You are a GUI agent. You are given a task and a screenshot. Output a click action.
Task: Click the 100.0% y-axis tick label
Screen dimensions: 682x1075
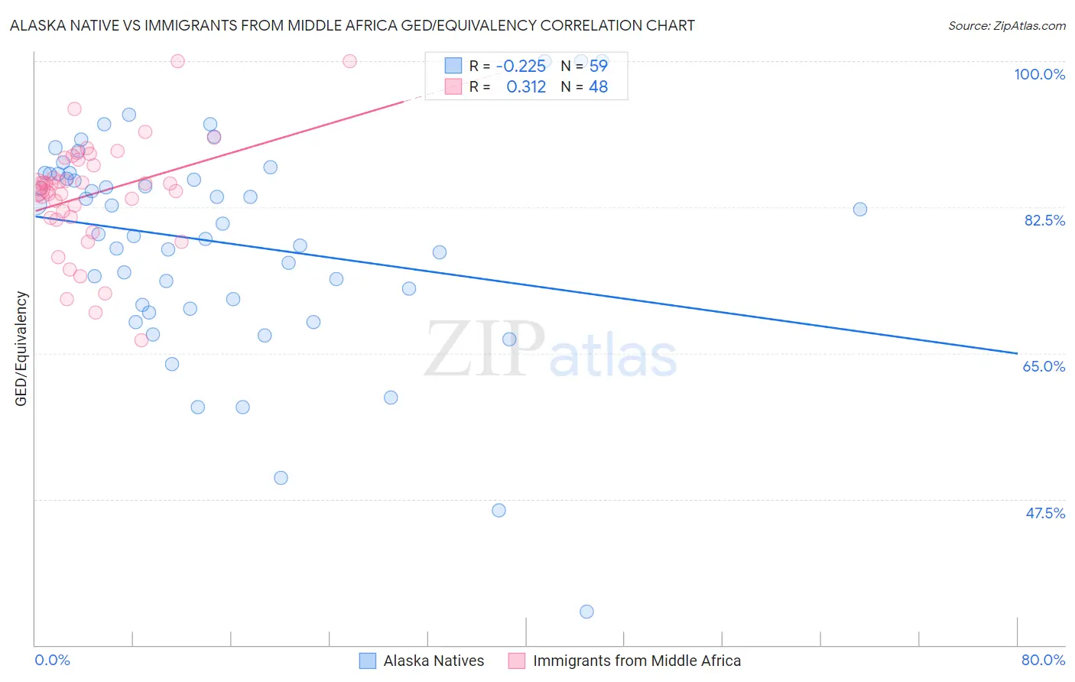1039,74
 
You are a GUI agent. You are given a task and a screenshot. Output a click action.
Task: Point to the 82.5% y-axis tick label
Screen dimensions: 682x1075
1044,220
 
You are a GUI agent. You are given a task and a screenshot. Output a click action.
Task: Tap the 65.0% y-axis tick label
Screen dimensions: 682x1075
1044,366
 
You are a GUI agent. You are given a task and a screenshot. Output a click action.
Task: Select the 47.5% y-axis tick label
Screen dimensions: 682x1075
1045,513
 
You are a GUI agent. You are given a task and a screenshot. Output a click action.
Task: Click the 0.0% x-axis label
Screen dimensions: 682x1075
52,660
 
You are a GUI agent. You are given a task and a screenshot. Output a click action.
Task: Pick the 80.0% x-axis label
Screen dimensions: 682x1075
1043,660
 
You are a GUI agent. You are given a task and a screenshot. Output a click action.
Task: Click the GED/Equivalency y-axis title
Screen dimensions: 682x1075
21,349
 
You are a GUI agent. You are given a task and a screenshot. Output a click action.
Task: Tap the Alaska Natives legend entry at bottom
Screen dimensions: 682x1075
434,661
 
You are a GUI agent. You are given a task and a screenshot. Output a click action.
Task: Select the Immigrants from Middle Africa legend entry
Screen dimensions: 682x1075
636,661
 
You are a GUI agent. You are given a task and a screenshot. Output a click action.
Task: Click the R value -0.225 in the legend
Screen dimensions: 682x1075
521,66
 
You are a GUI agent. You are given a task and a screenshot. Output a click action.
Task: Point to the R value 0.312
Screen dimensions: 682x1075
526,87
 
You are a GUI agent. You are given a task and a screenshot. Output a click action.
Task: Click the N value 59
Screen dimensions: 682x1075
598,66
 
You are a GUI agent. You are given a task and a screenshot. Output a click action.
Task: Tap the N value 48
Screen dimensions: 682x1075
598,87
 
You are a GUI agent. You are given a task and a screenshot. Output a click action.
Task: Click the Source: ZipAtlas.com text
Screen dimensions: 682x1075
1006,25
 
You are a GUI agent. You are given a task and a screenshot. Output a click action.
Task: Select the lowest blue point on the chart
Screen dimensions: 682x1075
586,612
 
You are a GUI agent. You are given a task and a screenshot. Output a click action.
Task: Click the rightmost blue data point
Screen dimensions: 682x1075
860,209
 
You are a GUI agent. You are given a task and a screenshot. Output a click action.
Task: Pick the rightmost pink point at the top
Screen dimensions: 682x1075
349,61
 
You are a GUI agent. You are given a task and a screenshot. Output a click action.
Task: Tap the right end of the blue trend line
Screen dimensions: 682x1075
1017,353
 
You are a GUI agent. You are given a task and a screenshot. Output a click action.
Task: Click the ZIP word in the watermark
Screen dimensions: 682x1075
485,349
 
